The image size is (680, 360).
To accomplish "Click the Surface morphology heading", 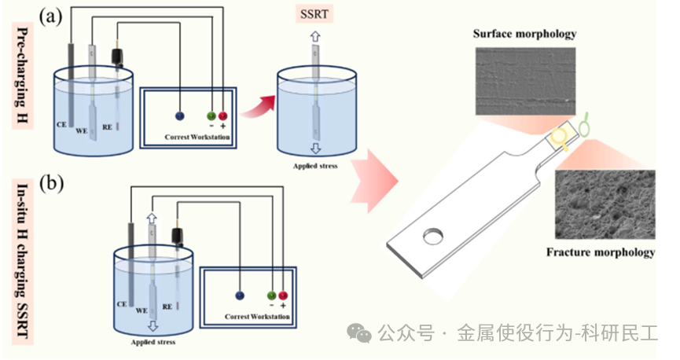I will click(524, 34).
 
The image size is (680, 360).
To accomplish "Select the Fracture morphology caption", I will click(601, 252).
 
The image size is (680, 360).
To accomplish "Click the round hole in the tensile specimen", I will click(432, 236).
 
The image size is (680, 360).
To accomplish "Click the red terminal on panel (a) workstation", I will click(222, 116).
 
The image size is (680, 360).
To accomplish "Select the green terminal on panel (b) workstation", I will click(272, 296).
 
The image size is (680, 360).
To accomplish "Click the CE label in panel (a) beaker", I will click(61, 123).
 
